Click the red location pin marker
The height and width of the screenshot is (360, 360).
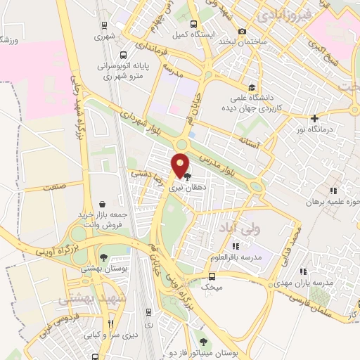point(181,165)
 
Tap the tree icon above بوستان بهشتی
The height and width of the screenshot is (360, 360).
point(103,258)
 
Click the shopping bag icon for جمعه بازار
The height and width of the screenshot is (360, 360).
point(103,204)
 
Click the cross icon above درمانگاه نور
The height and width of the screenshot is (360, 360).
point(314,118)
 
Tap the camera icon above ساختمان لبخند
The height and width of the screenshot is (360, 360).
point(243,31)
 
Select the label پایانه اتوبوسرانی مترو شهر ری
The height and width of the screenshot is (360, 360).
point(124,72)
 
